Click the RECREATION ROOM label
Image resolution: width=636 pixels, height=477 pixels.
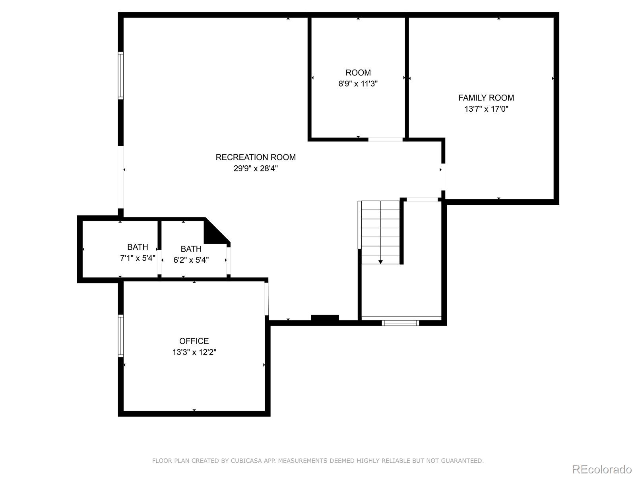(256, 157)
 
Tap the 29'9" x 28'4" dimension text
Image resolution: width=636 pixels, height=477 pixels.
(256, 169)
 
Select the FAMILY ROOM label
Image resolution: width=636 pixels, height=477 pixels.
(486, 98)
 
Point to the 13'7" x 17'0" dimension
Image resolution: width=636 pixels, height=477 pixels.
(486, 109)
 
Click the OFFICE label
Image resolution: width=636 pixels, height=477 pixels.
(194, 341)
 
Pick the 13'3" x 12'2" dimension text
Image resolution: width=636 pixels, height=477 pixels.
(194, 352)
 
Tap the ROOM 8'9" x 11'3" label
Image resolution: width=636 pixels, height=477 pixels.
(358, 73)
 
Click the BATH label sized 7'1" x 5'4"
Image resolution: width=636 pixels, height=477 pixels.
(138, 247)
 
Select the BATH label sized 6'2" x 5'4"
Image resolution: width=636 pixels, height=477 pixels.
(191, 249)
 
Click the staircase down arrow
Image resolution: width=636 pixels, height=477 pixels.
(380, 261)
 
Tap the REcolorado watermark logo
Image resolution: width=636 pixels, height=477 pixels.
(602, 469)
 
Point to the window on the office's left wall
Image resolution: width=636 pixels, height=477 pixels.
(121, 335)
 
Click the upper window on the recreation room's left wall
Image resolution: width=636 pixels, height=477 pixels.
(121, 75)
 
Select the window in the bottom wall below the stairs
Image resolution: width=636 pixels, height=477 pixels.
(400, 323)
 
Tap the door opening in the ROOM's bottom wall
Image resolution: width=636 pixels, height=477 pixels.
(385, 140)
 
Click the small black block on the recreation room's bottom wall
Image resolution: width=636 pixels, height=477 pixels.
(325, 318)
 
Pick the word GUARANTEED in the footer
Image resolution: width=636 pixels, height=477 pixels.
(463, 461)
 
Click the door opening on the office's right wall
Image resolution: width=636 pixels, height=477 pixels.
(266, 299)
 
